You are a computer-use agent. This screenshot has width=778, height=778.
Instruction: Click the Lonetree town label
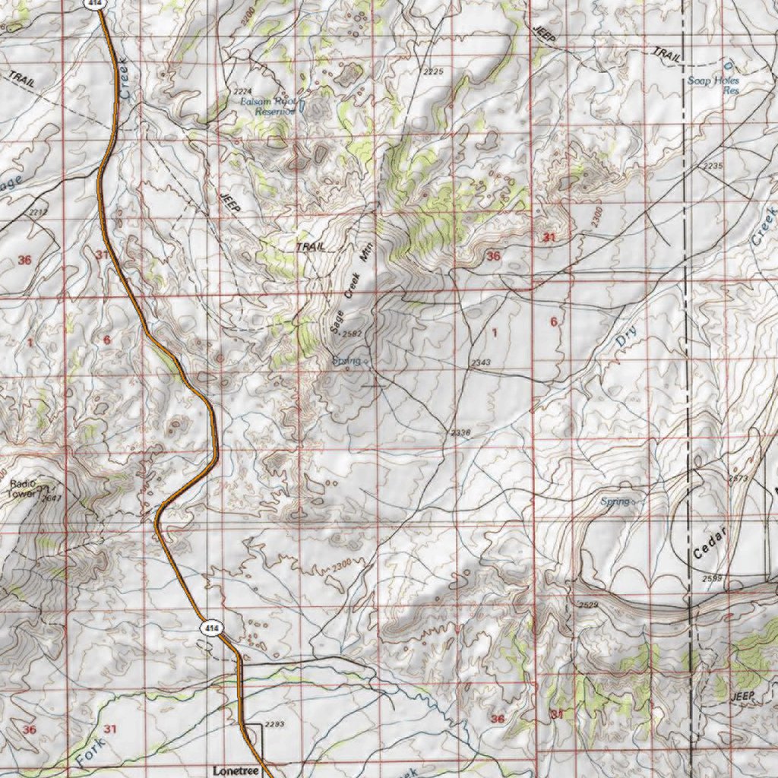tap(236, 770)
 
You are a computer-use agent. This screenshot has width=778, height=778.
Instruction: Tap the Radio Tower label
tap(23, 487)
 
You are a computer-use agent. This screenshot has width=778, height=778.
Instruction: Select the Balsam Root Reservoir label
tap(267, 106)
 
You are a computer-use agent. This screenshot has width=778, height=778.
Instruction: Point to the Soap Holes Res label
tap(713, 84)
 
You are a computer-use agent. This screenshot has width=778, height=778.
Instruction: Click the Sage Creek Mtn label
tap(349, 292)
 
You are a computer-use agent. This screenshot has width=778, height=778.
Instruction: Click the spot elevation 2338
tap(460, 432)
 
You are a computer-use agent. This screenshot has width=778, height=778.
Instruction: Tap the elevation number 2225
tap(433, 71)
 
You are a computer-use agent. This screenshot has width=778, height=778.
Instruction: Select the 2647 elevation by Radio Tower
tap(51, 498)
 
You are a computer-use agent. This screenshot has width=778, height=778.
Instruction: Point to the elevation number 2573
tap(737, 479)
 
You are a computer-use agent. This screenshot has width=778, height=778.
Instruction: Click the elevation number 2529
tap(588, 605)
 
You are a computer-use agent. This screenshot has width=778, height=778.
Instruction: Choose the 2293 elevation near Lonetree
tap(274, 724)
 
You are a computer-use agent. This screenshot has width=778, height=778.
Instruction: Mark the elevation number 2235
tap(713, 166)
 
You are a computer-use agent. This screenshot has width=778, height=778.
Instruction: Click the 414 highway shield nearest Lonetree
tap(210, 628)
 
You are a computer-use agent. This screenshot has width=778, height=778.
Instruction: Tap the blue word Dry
tap(625, 335)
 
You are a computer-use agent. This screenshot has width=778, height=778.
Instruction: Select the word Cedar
tap(710, 542)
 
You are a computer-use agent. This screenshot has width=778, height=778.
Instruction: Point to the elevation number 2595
tap(712, 579)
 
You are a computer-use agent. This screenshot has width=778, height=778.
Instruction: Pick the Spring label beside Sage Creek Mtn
tap(346, 361)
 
